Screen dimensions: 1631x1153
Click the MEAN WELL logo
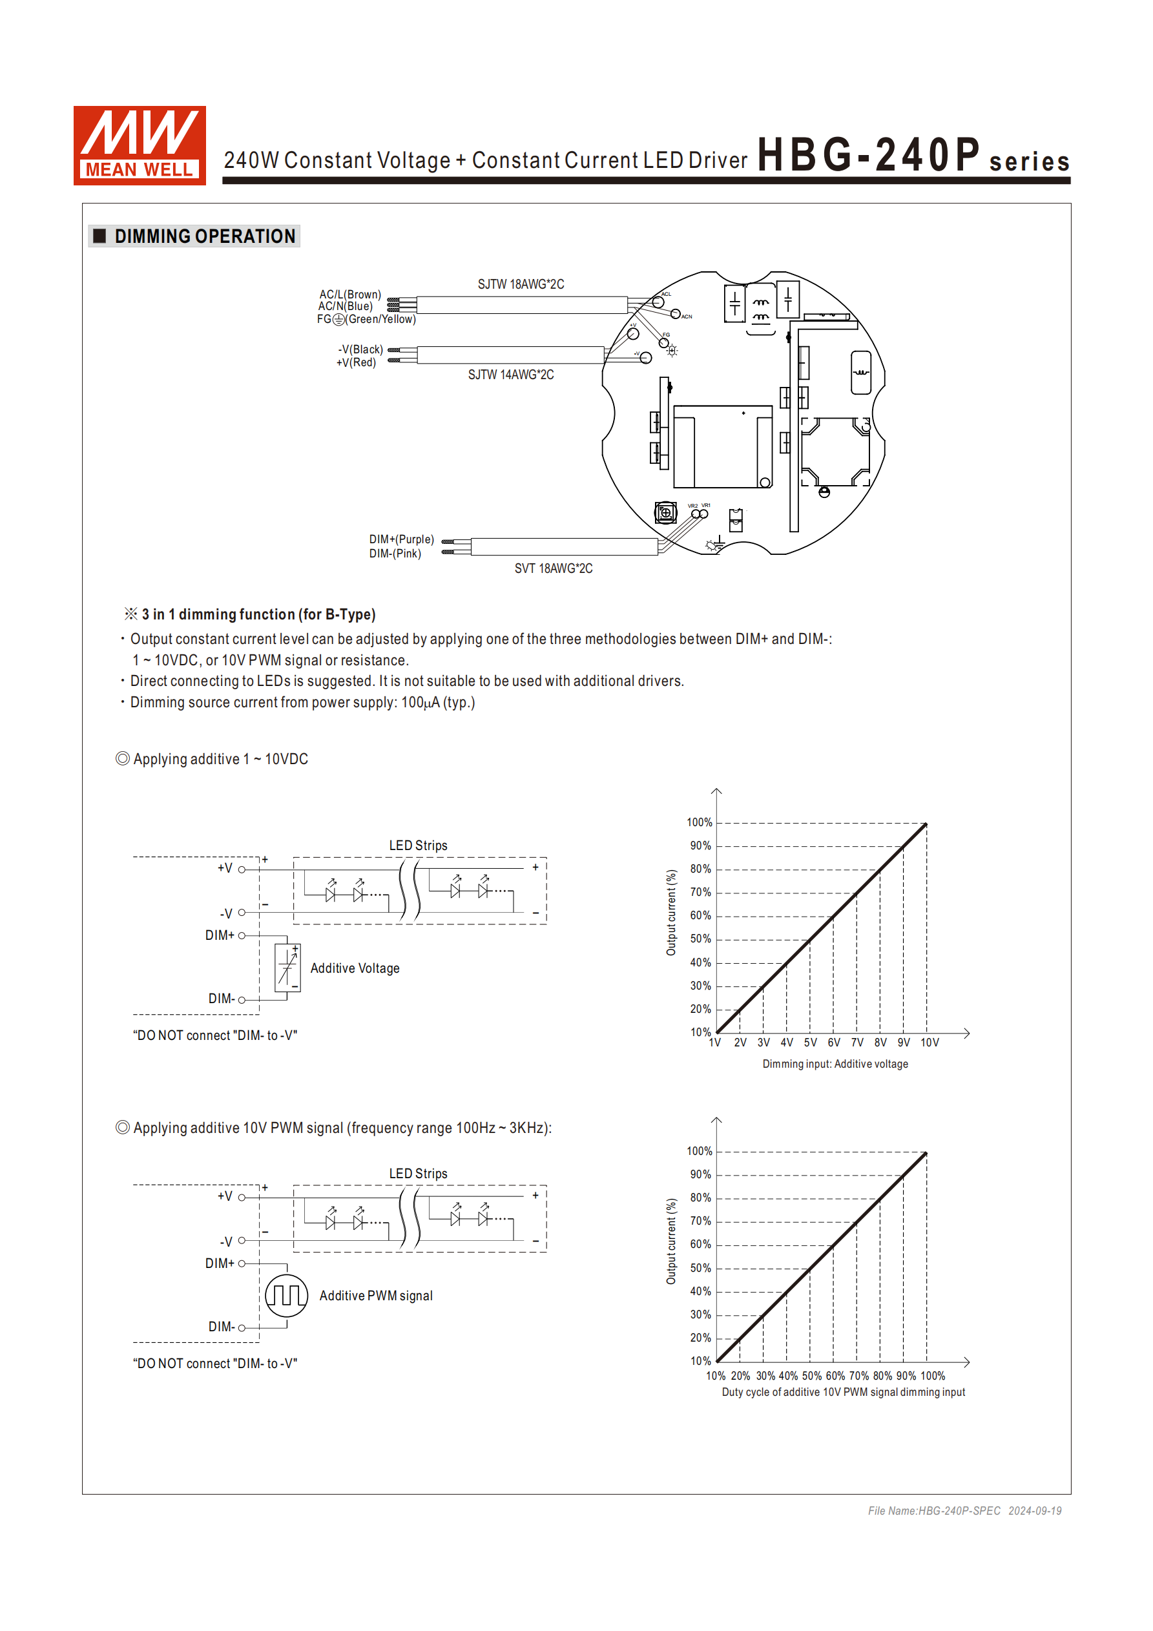(x=140, y=145)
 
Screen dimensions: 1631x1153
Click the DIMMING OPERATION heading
(x=205, y=236)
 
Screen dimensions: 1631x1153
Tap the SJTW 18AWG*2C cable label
(x=521, y=285)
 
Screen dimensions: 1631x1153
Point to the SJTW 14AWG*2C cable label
(x=511, y=375)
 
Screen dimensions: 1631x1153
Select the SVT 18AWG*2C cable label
(x=554, y=569)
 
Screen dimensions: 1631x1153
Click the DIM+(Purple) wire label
(x=401, y=540)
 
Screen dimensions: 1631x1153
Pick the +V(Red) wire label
(x=356, y=363)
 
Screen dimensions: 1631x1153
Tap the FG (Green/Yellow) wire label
(x=366, y=320)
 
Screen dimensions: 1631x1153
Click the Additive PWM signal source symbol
(x=286, y=1296)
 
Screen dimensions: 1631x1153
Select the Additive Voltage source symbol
(x=287, y=968)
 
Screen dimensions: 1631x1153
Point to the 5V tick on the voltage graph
(x=811, y=1043)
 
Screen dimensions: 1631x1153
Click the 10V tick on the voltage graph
(x=930, y=1043)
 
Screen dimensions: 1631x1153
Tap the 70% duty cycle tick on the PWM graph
(x=859, y=1376)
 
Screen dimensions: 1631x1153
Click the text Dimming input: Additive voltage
(x=835, y=1064)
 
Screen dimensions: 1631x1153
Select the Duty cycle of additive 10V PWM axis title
(x=843, y=1392)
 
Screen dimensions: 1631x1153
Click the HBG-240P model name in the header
(x=868, y=155)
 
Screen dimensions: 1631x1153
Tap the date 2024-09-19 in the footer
(x=1034, y=1511)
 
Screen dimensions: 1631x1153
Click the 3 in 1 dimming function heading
(x=258, y=614)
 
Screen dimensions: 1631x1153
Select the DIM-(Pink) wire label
(x=395, y=554)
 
